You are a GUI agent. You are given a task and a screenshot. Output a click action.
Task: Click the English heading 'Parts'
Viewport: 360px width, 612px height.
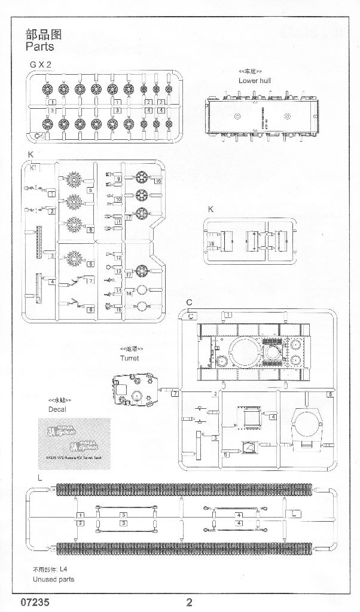coord(40,46)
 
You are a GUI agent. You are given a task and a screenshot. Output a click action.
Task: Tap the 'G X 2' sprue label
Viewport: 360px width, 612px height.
coord(39,65)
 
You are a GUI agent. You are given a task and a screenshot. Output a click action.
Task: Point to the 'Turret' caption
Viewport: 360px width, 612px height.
coord(129,358)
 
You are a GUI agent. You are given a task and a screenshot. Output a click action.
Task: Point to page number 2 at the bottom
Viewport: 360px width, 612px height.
coord(190,601)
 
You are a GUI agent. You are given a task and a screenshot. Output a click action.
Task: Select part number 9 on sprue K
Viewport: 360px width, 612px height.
coord(119,179)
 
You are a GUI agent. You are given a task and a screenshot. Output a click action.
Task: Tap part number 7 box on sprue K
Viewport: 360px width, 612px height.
coord(90,280)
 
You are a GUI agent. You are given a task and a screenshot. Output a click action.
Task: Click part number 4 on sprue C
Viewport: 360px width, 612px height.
coord(273,416)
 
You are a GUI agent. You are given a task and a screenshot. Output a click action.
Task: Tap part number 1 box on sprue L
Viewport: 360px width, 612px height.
coord(80,515)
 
